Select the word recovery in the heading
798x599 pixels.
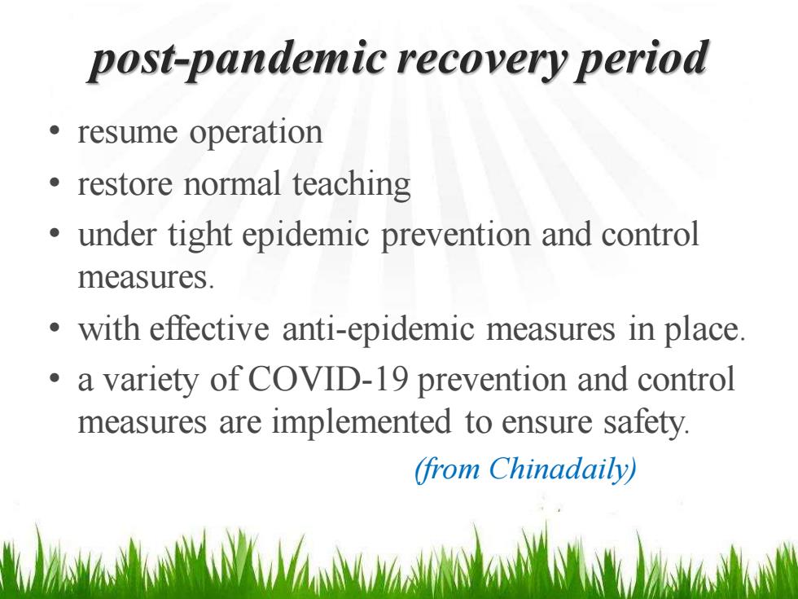pos(480,60)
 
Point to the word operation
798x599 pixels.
pos(256,134)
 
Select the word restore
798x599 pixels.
pos(125,184)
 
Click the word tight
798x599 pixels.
pos(200,236)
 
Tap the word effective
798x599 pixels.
pos(209,328)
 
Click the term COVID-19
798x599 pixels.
pos(327,380)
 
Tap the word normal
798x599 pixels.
pos(232,183)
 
